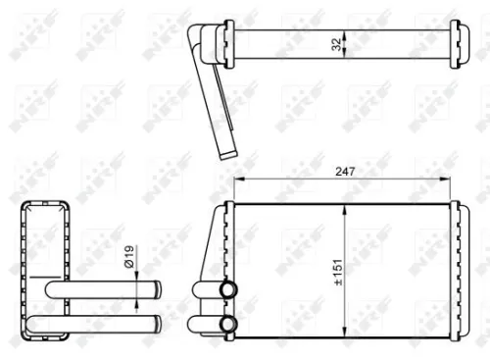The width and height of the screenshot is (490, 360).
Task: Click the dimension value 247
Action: click(x=342, y=171)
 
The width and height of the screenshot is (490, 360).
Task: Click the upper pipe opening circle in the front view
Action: click(x=227, y=290)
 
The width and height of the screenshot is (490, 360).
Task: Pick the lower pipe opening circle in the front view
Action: click(x=227, y=324)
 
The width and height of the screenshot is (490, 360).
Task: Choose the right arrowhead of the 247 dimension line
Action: click(x=449, y=180)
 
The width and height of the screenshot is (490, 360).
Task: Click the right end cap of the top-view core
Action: click(x=453, y=44)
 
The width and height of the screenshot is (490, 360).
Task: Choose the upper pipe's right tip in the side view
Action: click(x=156, y=291)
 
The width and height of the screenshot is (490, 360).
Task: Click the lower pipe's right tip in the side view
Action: click(x=156, y=324)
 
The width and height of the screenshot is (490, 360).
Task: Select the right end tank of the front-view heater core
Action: click(x=451, y=269)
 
